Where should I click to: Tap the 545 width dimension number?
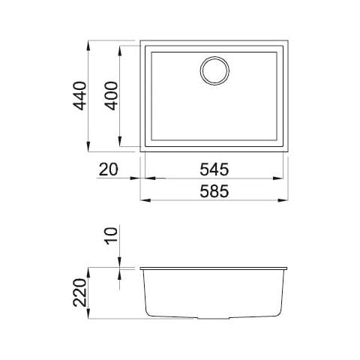pyautogui.click(x=214, y=169)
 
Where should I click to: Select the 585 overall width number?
pyautogui.click(x=214, y=192)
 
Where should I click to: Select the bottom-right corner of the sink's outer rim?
pyautogui.click(x=288, y=152)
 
